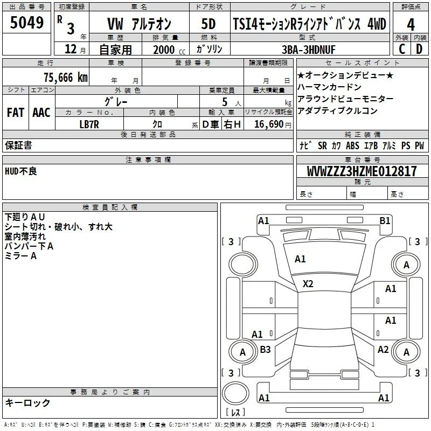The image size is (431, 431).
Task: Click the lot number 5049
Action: click(x=26, y=22)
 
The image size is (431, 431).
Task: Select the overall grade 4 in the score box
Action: click(x=411, y=24)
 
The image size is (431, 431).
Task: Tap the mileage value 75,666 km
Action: click(x=66, y=77)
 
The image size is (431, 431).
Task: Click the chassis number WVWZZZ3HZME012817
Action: click(x=362, y=171)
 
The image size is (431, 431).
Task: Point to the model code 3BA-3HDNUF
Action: click(x=309, y=50)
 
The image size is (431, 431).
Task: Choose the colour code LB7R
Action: click(x=89, y=124)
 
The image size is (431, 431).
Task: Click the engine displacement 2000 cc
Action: click(x=169, y=50)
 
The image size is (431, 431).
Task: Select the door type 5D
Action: click(x=208, y=24)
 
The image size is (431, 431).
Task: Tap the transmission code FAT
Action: click(x=16, y=113)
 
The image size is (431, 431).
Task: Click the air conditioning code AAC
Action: click(x=41, y=113)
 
